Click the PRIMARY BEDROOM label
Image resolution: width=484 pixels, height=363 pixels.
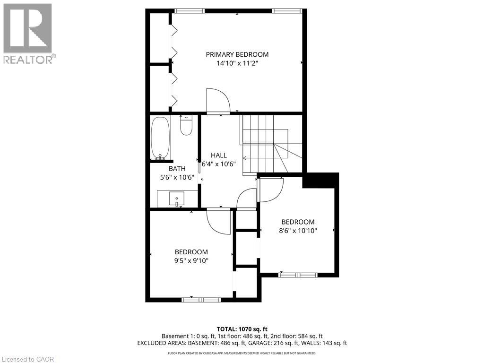click(x=237, y=54)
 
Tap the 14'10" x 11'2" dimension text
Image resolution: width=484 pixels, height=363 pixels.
click(x=237, y=63)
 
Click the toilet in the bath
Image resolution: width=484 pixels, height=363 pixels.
click(x=186, y=126)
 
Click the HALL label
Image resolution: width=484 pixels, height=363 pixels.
click(x=218, y=155)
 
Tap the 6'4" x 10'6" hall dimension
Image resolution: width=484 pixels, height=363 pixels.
click(x=218, y=164)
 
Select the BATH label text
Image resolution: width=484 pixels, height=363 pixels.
click(x=177, y=168)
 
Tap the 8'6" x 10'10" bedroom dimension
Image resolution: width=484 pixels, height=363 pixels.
click(x=298, y=231)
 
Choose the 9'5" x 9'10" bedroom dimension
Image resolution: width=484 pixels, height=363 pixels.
click(x=191, y=260)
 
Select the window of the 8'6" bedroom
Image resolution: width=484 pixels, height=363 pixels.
click(x=298, y=274)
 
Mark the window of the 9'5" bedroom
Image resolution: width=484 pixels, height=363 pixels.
click(x=201, y=299)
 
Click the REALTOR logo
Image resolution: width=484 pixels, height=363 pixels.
click(x=28, y=33)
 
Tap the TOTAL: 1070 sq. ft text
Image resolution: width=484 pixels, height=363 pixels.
click(x=242, y=329)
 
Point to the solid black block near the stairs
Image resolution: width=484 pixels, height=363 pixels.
click(x=320, y=180)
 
